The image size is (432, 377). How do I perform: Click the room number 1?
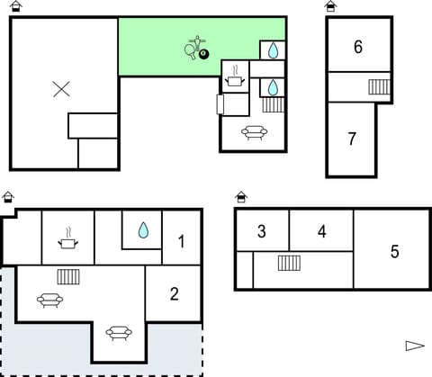181,240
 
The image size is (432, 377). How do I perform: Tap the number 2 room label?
175,293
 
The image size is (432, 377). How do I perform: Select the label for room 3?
262,231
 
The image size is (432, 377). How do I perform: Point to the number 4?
322,231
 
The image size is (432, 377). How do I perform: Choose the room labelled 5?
394,251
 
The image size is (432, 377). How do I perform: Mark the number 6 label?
358,47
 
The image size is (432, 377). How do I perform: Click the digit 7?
352,139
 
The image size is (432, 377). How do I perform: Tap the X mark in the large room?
61,88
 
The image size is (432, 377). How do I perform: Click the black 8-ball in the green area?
203,55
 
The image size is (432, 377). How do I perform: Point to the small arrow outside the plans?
414,346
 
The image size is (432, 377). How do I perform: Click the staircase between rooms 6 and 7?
379,87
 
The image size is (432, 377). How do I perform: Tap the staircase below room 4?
289,263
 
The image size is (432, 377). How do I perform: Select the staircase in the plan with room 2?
69,276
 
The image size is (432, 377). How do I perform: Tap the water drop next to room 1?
143,230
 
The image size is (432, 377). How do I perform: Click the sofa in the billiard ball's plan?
255,133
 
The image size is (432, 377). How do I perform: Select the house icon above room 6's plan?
331,6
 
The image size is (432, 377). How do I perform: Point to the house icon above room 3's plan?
241,197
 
